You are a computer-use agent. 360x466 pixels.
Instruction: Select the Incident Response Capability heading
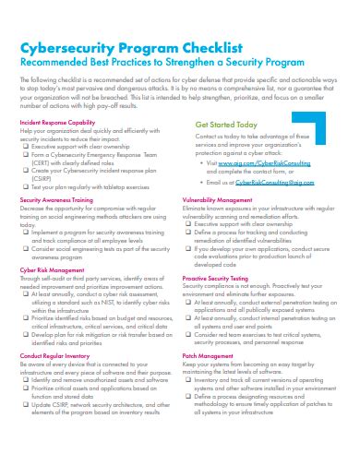pyautogui.click(x=58, y=122)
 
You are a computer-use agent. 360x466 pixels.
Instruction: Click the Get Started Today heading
pyautogui.click(x=226, y=123)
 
